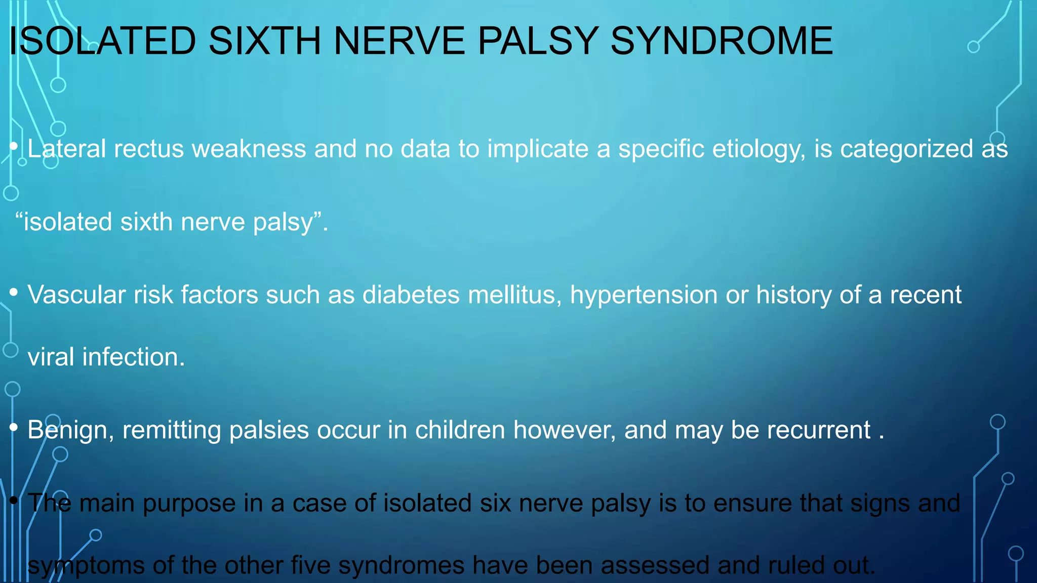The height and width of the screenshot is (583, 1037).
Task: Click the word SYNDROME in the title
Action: point(721,41)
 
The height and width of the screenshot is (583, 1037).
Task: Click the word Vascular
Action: point(76,295)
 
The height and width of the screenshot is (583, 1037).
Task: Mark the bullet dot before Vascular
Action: point(14,291)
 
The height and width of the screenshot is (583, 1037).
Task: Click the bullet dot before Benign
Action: point(14,427)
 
